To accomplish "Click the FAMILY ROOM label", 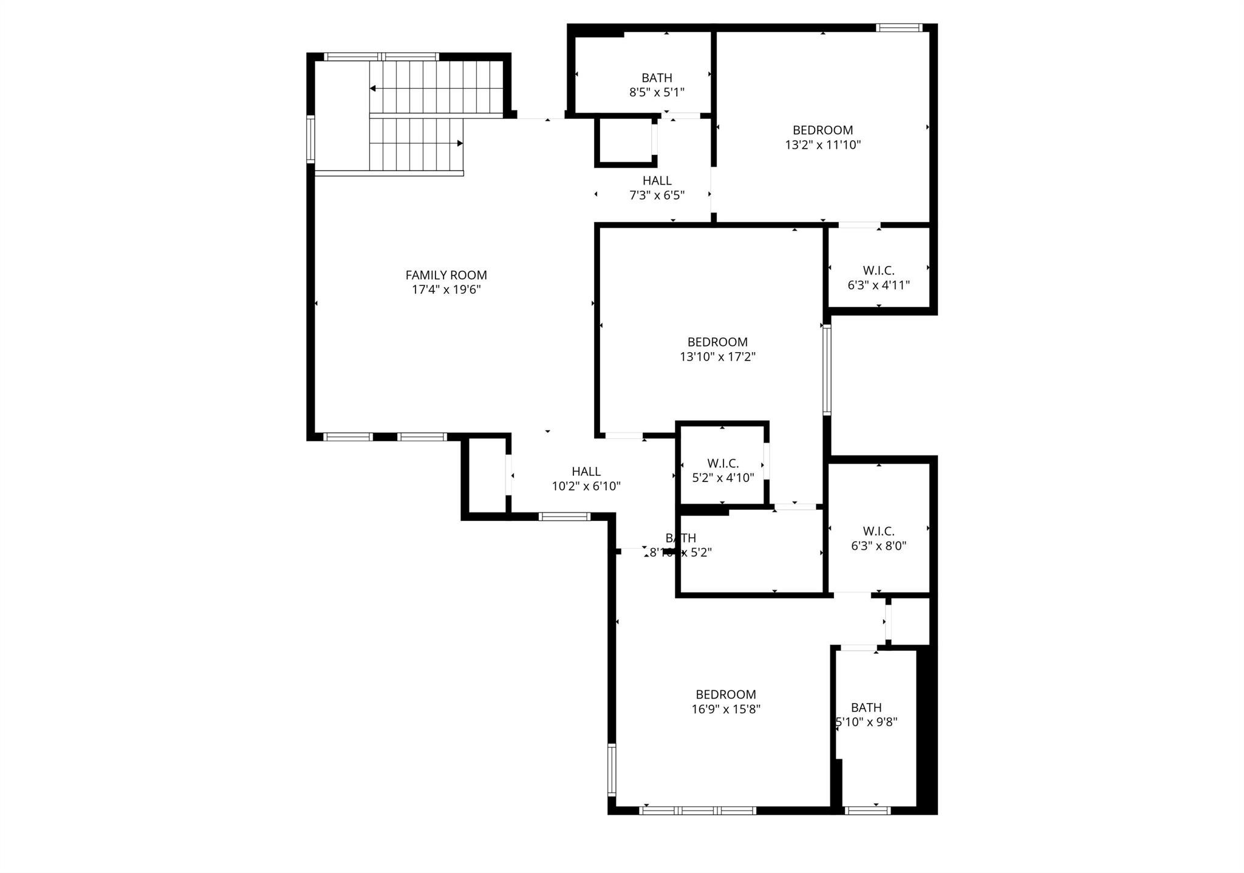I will (x=446, y=275).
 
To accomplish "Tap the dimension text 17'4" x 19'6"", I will (x=446, y=290).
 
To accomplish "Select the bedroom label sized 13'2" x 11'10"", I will (x=822, y=130).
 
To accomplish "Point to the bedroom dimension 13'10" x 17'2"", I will (x=717, y=356).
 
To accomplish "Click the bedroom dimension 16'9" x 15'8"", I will (x=726, y=708).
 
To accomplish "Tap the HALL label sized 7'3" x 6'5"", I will (x=657, y=180).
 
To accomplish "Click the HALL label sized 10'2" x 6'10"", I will (x=586, y=471).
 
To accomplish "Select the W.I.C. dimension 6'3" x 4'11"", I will (x=878, y=285).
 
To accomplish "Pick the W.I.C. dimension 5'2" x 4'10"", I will (x=723, y=477).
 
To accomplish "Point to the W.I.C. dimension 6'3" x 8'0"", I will (x=878, y=545).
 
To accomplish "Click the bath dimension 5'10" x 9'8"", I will (x=867, y=722).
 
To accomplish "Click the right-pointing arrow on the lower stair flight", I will (x=460, y=143).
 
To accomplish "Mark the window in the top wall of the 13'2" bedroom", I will (x=899, y=27).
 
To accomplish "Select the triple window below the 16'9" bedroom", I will (x=697, y=810).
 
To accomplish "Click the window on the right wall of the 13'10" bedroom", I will (x=827, y=370).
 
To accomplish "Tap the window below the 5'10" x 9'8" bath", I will (x=867, y=810).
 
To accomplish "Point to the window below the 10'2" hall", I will (x=564, y=517).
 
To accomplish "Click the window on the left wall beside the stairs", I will (x=310, y=139).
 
